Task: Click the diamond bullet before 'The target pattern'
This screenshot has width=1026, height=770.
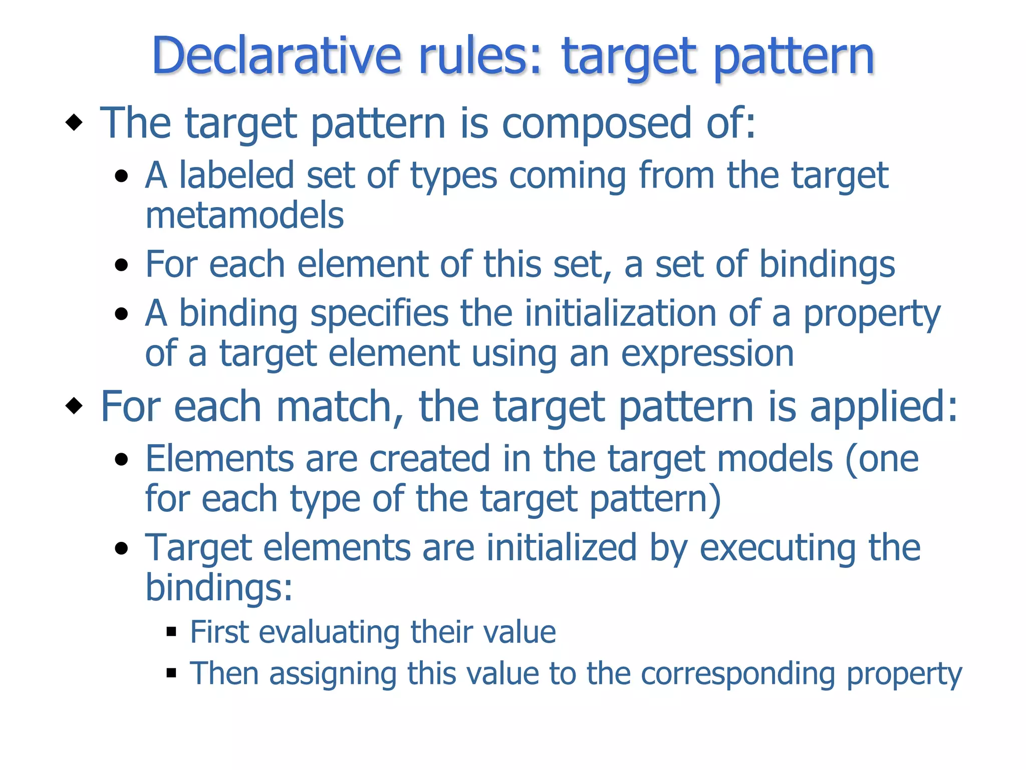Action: coord(74,122)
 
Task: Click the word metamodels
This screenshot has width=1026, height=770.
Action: coord(244,216)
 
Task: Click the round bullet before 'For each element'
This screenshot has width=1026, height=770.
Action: coord(121,265)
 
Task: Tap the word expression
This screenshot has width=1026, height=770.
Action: coord(707,354)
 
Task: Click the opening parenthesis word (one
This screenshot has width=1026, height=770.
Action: coord(882,459)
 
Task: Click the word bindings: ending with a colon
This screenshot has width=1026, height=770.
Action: coord(219,588)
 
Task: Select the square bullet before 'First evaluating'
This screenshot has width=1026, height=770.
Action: coord(171,632)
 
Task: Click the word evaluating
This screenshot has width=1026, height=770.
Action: coord(329,632)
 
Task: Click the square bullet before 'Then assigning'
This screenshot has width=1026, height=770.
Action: coord(171,673)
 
